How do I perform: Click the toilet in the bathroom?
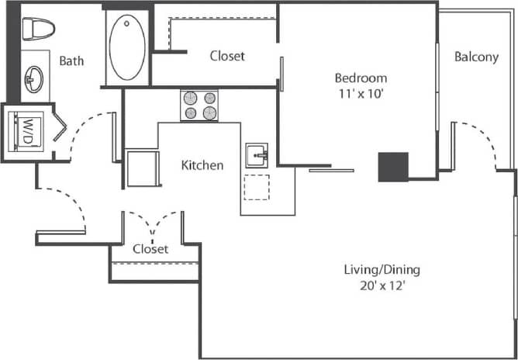[x=37, y=29]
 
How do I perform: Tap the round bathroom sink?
[x=34, y=77]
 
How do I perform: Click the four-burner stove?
[x=199, y=106]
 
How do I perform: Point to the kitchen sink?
[x=257, y=156]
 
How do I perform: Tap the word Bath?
[x=71, y=61]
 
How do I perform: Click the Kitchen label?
[x=202, y=165]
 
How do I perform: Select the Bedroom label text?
[x=360, y=78]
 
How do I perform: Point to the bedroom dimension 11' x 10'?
[x=360, y=92]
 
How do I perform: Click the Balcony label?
[x=476, y=57]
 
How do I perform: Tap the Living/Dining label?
[x=382, y=270]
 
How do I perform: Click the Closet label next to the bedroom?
[x=227, y=56]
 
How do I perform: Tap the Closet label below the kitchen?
[x=150, y=249]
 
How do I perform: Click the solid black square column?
[x=393, y=167]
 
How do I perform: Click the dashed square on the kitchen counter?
[x=257, y=187]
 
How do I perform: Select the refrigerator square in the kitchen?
[x=141, y=167]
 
